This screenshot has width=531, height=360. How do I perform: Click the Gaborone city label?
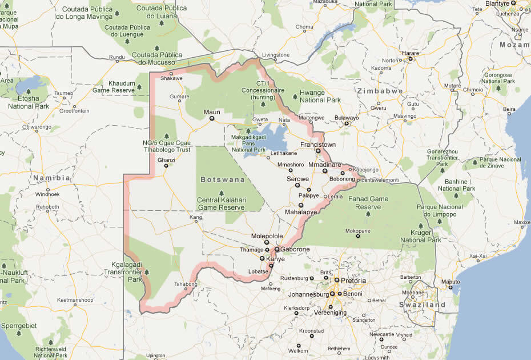(295, 250)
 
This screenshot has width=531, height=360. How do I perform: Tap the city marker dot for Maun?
(212, 118)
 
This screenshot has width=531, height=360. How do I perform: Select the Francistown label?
(318, 145)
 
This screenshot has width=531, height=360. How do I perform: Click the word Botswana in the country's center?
(223, 179)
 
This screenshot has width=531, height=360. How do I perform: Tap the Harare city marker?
(410, 59)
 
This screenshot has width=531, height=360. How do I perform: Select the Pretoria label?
(353, 281)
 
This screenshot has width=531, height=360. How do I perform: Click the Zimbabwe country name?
(380, 91)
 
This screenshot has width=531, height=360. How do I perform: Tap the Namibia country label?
(51, 178)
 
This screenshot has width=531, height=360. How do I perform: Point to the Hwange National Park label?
(320, 96)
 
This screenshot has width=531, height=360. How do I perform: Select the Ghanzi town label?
(166, 160)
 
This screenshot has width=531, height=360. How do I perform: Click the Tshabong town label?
(184, 283)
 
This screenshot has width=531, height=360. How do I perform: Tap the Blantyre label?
(497, 3)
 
